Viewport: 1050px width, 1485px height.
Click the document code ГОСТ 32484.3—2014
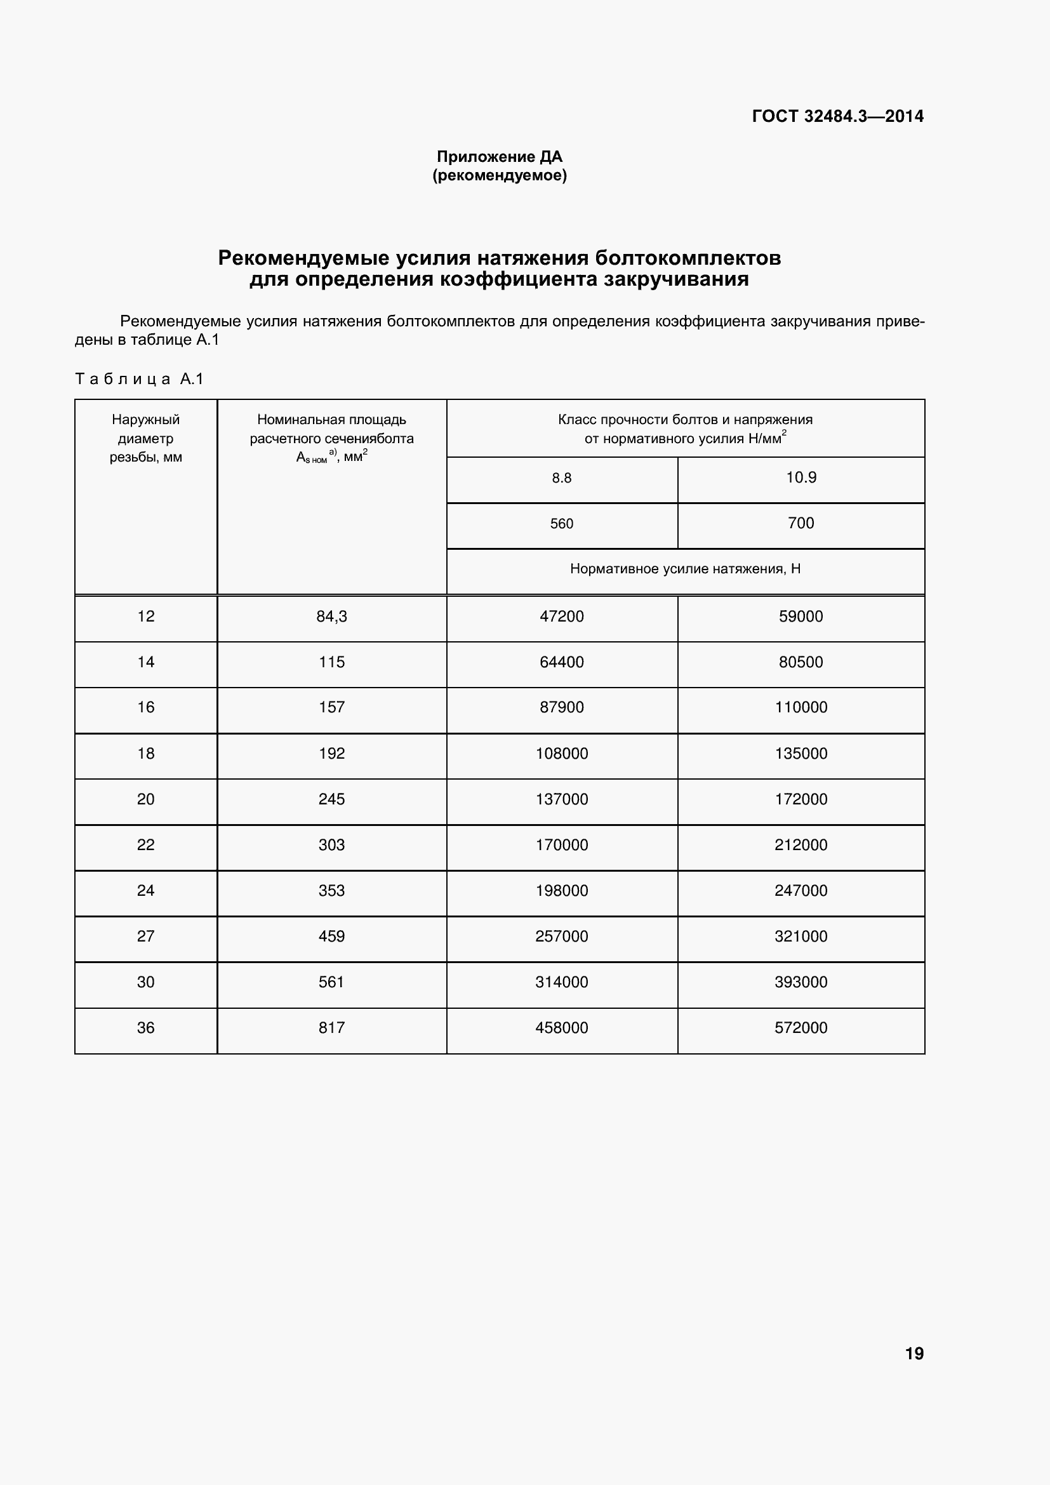pyautogui.click(x=837, y=116)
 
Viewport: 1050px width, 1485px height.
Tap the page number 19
pyautogui.click(x=914, y=1354)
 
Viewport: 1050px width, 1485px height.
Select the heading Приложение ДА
pyautogui.click(x=499, y=157)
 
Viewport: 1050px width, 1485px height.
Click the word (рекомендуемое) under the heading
pyautogui.click(x=499, y=175)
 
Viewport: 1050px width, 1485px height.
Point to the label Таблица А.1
pyautogui.click(x=139, y=379)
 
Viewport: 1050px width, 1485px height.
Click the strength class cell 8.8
pyautogui.click(x=561, y=478)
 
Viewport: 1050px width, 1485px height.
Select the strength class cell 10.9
pyautogui.click(x=801, y=477)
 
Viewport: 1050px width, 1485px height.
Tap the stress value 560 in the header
pyautogui.click(x=561, y=524)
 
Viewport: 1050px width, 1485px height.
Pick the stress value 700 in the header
pyautogui.click(x=801, y=523)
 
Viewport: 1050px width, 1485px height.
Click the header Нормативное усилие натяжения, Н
pyautogui.click(x=685, y=569)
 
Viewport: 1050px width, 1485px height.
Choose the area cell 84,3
pyautogui.click(x=331, y=616)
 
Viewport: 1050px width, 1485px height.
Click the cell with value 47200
pyautogui.click(x=561, y=616)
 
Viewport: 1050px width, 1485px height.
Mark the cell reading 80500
pyautogui.click(x=801, y=662)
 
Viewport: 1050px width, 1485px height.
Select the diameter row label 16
pyautogui.click(x=145, y=707)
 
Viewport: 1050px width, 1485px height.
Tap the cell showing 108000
pyautogui.click(x=561, y=754)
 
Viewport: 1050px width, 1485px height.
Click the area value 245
pyautogui.click(x=331, y=799)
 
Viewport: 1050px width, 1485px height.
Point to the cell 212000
pyautogui.click(x=801, y=844)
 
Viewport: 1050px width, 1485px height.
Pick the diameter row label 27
pyautogui.click(x=145, y=936)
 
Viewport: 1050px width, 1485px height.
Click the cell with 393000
pyautogui.click(x=801, y=982)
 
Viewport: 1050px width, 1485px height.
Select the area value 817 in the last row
pyautogui.click(x=331, y=1028)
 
